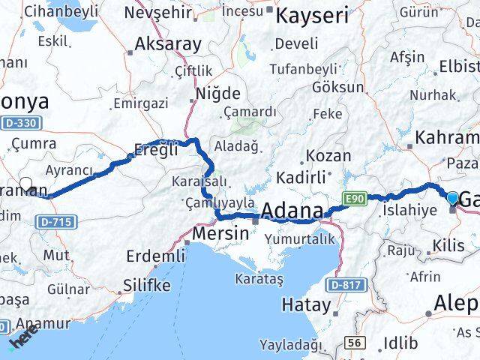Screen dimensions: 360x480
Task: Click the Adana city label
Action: tap(292, 210)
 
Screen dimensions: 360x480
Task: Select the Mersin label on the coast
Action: tap(220, 234)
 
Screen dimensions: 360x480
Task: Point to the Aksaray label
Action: tap(168, 43)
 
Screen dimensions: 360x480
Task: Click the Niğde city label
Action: tap(218, 94)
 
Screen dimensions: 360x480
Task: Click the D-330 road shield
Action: tap(26, 122)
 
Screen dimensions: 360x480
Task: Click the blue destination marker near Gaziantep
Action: tap(453, 198)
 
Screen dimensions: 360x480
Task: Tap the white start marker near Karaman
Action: tap(26, 183)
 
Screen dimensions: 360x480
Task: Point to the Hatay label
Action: tap(306, 304)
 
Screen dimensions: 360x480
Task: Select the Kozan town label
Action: tap(329, 156)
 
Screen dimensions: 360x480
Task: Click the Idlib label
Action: tap(400, 342)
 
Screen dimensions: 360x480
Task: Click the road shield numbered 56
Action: tap(356, 343)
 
